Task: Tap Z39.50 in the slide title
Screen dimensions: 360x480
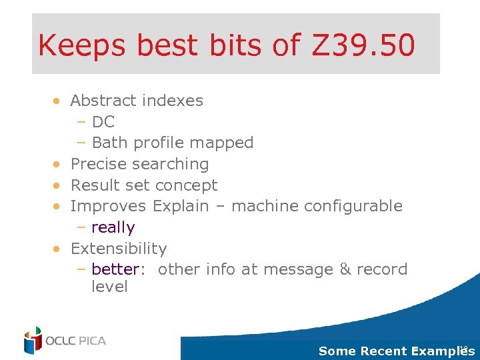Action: pos(359,45)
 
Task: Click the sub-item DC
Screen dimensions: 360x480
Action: pos(103,122)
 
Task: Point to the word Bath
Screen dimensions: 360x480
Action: pos(110,143)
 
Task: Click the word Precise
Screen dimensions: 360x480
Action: pos(98,164)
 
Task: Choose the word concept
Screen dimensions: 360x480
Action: pos(191,185)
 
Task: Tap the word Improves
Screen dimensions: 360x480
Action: pos(109,206)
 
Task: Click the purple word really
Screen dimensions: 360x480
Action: pos(113,227)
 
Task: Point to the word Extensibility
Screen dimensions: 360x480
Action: pos(119,249)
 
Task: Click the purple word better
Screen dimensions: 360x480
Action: pos(115,269)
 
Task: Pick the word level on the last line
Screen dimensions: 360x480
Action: pos(109,287)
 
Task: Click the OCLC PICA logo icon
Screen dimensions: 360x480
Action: pos(33,341)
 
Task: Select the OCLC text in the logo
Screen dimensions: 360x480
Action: pos(61,341)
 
